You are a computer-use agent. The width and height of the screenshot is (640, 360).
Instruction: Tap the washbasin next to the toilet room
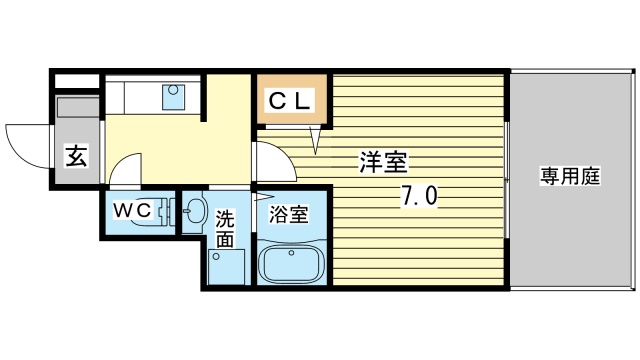[x=193, y=212]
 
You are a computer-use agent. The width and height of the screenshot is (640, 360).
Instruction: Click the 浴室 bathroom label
[x=289, y=213]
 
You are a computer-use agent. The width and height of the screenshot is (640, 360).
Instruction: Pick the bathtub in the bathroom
[x=291, y=267]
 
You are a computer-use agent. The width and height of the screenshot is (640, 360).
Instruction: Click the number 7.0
[x=419, y=197]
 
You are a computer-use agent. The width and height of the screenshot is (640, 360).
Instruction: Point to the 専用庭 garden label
[x=569, y=178]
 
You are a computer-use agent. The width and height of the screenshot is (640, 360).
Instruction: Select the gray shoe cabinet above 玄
[x=75, y=112]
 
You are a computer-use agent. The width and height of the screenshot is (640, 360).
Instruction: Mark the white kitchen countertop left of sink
[x=135, y=97]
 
